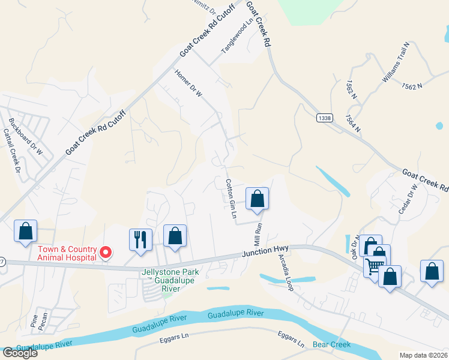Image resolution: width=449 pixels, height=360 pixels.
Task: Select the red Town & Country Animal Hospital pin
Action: click(x=106, y=253)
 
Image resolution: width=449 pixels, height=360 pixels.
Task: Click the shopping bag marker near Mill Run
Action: click(x=257, y=199)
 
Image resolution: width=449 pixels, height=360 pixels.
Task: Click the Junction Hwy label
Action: click(x=266, y=251)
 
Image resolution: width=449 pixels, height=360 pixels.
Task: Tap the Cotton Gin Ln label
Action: click(x=230, y=199)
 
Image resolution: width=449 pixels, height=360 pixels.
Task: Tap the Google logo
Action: click(x=20, y=352)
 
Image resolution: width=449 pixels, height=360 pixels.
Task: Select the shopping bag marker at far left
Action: click(x=25, y=231)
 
